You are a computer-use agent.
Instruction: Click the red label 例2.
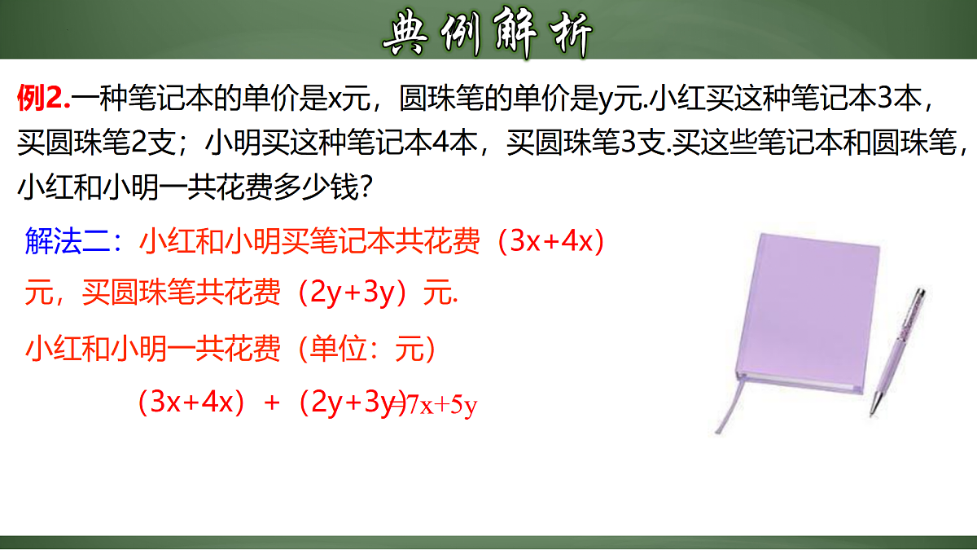[x=44, y=99]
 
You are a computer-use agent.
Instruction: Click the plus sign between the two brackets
[x=272, y=403]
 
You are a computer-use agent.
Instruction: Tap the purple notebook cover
[x=806, y=310]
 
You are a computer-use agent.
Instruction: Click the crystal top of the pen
[x=920, y=296]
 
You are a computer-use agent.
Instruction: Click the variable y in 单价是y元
[x=605, y=100]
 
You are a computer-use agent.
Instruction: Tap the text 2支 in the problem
[x=151, y=144]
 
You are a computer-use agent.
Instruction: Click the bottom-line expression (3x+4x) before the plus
[x=191, y=403]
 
